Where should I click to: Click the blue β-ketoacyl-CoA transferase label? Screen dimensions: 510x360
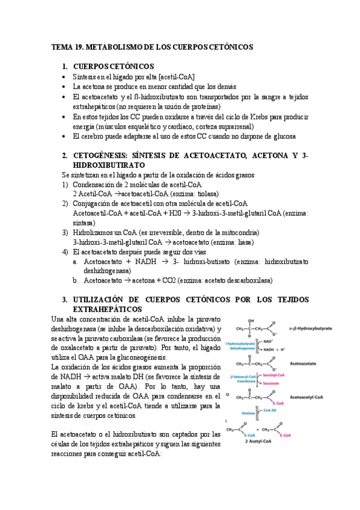(242, 378)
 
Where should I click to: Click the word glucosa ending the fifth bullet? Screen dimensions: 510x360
(282, 136)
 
